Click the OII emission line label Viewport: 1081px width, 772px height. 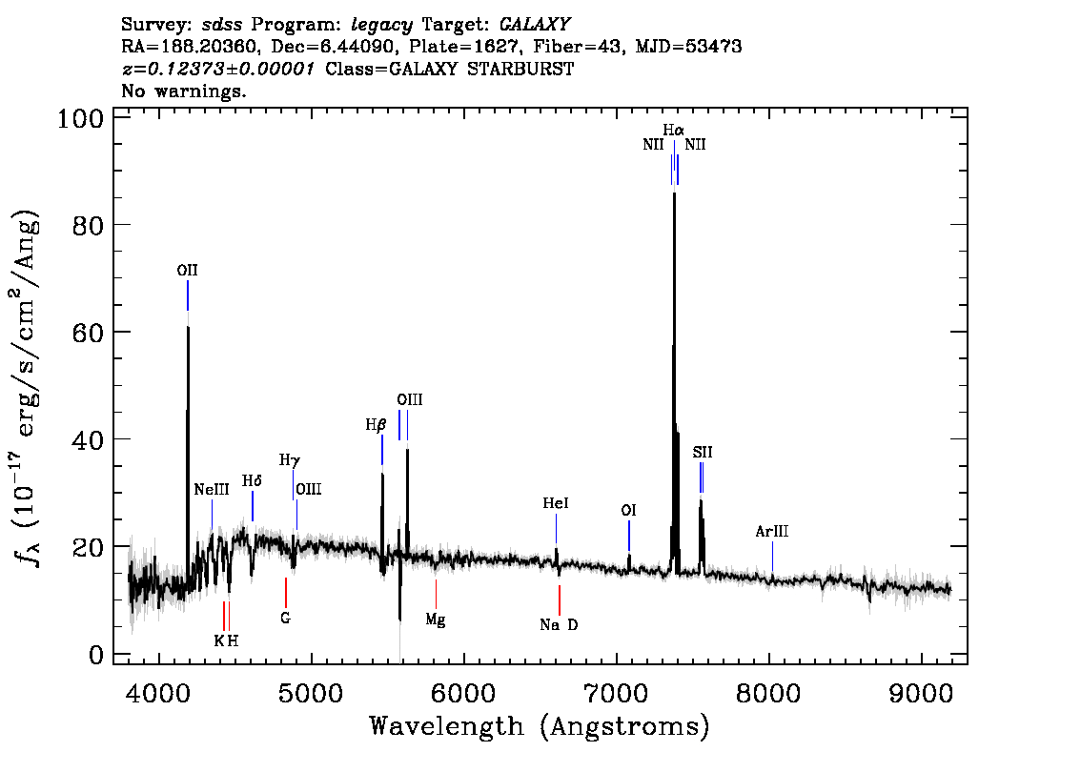pyautogui.click(x=188, y=271)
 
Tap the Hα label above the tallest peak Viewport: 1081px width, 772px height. pyautogui.click(x=674, y=130)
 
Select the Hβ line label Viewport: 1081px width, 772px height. pyautogui.click(x=376, y=425)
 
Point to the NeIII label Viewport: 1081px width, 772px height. pyautogui.click(x=212, y=489)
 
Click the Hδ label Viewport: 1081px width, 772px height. pyautogui.click(x=252, y=481)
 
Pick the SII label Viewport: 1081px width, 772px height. pyautogui.click(x=703, y=452)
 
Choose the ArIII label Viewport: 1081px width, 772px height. pyautogui.click(x=772, y=532)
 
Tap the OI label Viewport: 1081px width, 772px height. pyautogui.click(x=629, y=510)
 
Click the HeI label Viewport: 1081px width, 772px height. pyautogui.click(x=556, y=503)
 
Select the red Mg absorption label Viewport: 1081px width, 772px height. pyautogui.click(x=435, y=620)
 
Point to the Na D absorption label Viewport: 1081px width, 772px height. pyautogui.click(x=560, y=625)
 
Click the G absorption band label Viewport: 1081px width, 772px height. pyautogui.click(x=285, y=619)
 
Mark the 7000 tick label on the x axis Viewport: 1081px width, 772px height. pyautogui.click(x=616, y=694)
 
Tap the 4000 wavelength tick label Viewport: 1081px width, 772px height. pyautogui.click(x=159, y=694)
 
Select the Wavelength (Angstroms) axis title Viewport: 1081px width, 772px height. pyautogui.click(x=540, y=726)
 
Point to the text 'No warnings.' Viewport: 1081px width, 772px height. pyautogui.click(x=183, y=91)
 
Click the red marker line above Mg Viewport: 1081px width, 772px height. pyautogui.click(x=436, y=594)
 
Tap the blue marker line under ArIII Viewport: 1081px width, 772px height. pyautogui.click(x=772, y=557)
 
